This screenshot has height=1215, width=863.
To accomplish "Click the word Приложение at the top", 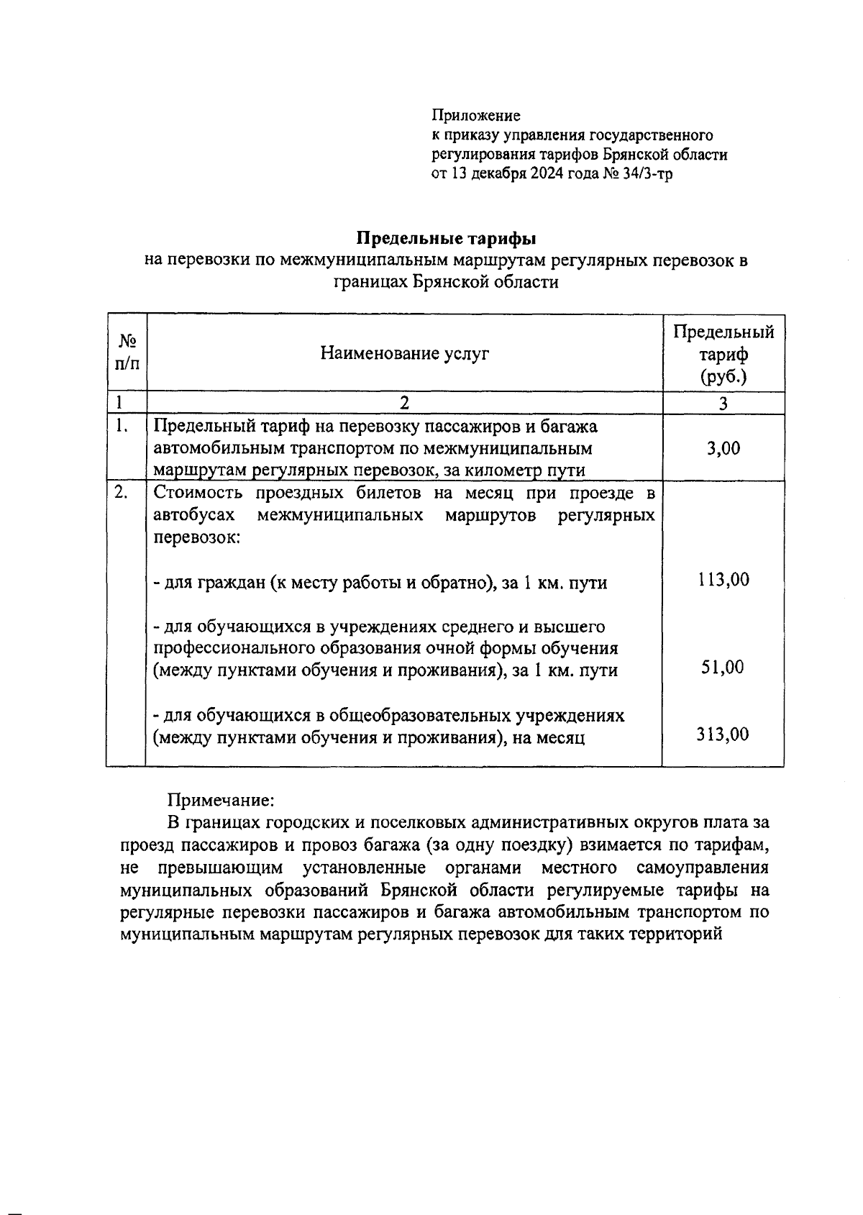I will pyautogui.click(x=475, y=115).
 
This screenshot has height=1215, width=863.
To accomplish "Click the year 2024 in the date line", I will pyautogui.click(x=548, y=173).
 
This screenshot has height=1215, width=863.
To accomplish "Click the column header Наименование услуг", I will pyautogui.click(x=404, y=353).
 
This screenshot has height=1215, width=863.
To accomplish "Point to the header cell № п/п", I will pyautogui.click(x=127, y=352).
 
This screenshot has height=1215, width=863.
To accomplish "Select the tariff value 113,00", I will pyautogui.click(x=723, y=579).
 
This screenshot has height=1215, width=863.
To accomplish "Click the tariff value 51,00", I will pyautogui.click(x=723, y=667).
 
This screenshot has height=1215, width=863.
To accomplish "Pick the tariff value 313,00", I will pyautogui.click(x=723, y=734).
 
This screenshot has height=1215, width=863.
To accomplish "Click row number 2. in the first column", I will pyautogui.click(x=122, y=493).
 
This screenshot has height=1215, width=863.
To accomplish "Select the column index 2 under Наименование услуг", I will pyautogui.click(x=404, y=403).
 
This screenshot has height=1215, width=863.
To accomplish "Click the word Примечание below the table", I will pyautogui.click(x=221, y=800).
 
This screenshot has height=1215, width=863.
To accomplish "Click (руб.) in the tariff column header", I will pyautogui.click(x=723, y=376).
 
